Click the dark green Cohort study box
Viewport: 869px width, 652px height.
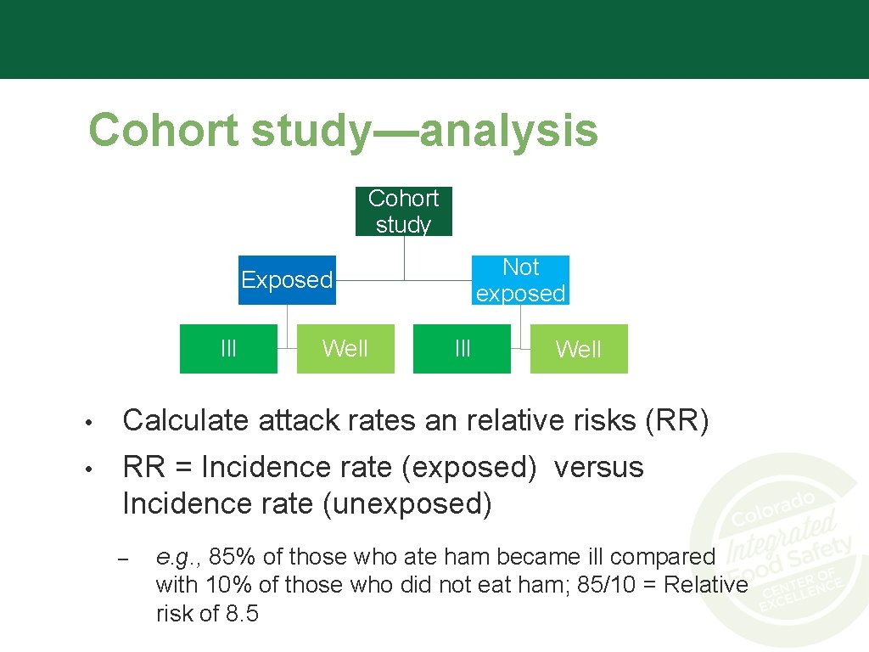pyautogui.click(x=403, y=211)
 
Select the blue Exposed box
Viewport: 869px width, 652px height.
pyautogui.click(x=287, y=280)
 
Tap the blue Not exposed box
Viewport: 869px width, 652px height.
pyautogui.click(x=520, y=280)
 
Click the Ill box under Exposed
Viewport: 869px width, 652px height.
pyautogui.click(x=228, y=349)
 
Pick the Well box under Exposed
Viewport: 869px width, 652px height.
pyautogui.click(x=345, y=349)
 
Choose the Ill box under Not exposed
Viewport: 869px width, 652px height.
pyautogui.click(x=462, y=349)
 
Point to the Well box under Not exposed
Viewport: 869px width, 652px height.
pyautogui.click(x=579, y=349)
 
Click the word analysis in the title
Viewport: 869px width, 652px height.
pyautogui.click(x=508, y=131)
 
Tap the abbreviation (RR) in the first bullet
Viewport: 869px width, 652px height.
pyautogui.click(x=676, y=421)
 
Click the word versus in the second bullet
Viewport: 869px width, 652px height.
pyautogui.click(x=598, y=468)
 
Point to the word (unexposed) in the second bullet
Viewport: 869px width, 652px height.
pyautogui.click(x=407, y=504)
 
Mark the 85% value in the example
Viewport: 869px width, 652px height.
pyautogui.click(x=233, y=558)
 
